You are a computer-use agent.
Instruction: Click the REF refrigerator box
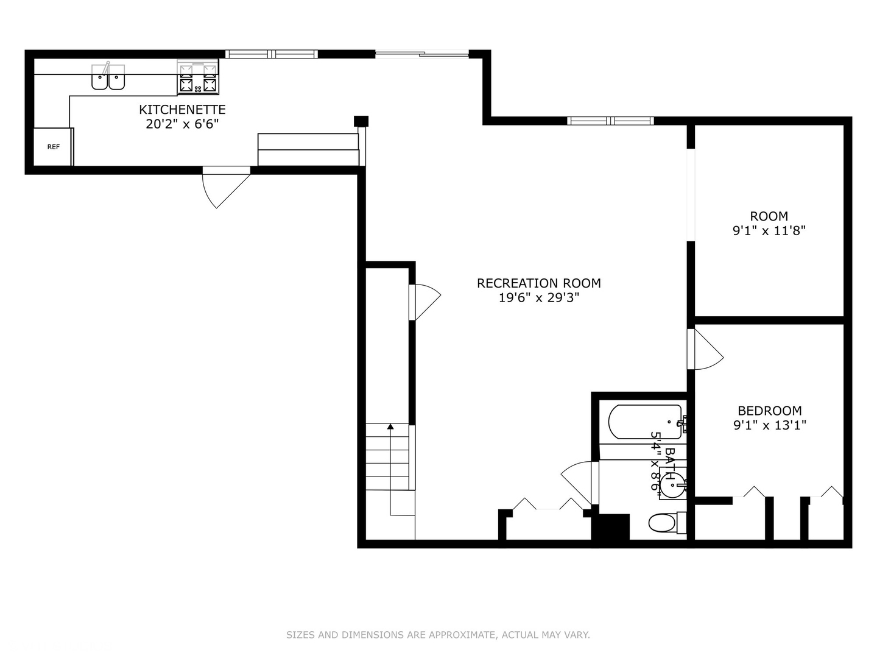click(53, 147)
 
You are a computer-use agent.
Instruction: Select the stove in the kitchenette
click(198, 77)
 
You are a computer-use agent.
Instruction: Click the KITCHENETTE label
click(182, 109)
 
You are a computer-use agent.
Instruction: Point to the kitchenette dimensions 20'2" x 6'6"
click(182, 124)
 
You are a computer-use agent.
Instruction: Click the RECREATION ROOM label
click(538, 283)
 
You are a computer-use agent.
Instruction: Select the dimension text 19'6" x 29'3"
click(538, 298)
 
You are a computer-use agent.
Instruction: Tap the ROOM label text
click(769, 216)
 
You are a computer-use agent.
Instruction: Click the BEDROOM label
click(770, 410)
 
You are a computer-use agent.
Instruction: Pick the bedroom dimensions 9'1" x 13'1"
click(770, 425)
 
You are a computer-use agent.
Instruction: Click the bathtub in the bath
click(645, 422)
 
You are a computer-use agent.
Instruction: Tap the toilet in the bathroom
click(666, 523)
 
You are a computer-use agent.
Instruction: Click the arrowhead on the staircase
click(390, 426)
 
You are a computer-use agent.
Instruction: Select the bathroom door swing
click(576, 483)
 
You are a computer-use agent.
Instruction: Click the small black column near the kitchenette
click(361, 121)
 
